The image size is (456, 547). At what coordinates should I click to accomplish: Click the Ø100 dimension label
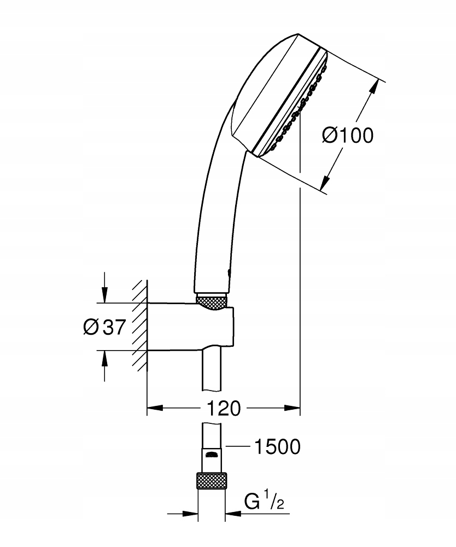coord(348,135)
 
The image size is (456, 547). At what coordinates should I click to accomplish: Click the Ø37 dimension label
coord(104,327)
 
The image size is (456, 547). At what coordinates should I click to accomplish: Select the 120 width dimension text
coord(224,408)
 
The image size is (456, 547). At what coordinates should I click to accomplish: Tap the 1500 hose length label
coord(277,446)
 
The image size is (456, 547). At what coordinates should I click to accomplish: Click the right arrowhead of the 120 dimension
coord(292,408)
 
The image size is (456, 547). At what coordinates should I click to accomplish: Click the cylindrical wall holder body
coord(190,327)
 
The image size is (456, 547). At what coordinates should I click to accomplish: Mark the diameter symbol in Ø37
coord(91,327)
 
